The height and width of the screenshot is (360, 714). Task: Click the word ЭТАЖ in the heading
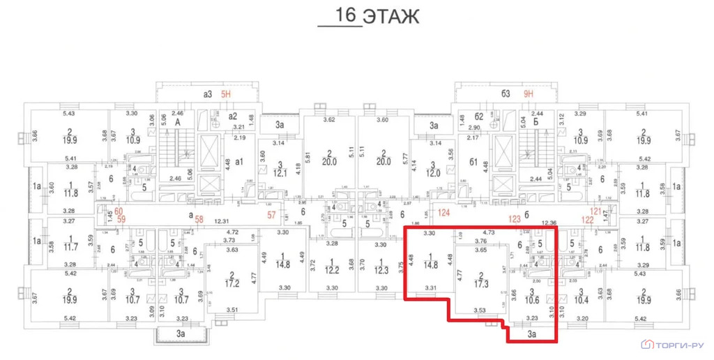393,16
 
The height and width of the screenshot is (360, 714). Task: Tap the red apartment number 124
445,212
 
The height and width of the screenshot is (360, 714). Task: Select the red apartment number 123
515,218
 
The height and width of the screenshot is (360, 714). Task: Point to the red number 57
273,215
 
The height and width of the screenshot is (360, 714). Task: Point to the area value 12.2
332,269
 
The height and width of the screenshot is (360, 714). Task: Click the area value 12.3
380,269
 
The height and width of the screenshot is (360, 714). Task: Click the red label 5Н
226,93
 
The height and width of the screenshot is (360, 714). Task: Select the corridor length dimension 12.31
221,221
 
